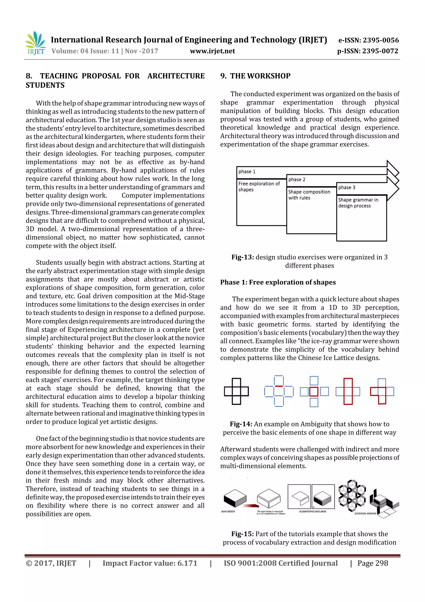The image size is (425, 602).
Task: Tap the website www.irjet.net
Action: tap(212, 51)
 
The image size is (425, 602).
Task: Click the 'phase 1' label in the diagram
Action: tap(247, 171)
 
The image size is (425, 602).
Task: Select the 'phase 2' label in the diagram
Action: tap(297, 180)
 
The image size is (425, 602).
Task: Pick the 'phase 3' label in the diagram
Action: tap(347, 187)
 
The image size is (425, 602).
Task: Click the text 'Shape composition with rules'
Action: tap(309, 195)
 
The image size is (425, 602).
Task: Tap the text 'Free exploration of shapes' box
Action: tap(259, 186)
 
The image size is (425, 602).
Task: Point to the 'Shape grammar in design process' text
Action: tap(358, 203)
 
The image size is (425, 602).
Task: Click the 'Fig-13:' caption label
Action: tap(242, 257)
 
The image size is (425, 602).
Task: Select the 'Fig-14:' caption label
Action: tap(241, 424)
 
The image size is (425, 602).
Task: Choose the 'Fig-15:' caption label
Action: tap(242, 534)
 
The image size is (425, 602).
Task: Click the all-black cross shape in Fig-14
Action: tap(236, 391)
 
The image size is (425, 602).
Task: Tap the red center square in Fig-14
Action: tap(314, 392)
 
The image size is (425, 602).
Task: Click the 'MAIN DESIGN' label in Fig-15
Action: tap(228, 511)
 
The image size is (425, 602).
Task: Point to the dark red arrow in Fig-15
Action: tap(250, 506)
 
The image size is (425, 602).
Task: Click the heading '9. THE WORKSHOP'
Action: tap(255, 76)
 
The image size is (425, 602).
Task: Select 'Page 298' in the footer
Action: tap(373, 563)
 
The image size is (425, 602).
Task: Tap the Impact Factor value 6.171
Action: tap(187, 563)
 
